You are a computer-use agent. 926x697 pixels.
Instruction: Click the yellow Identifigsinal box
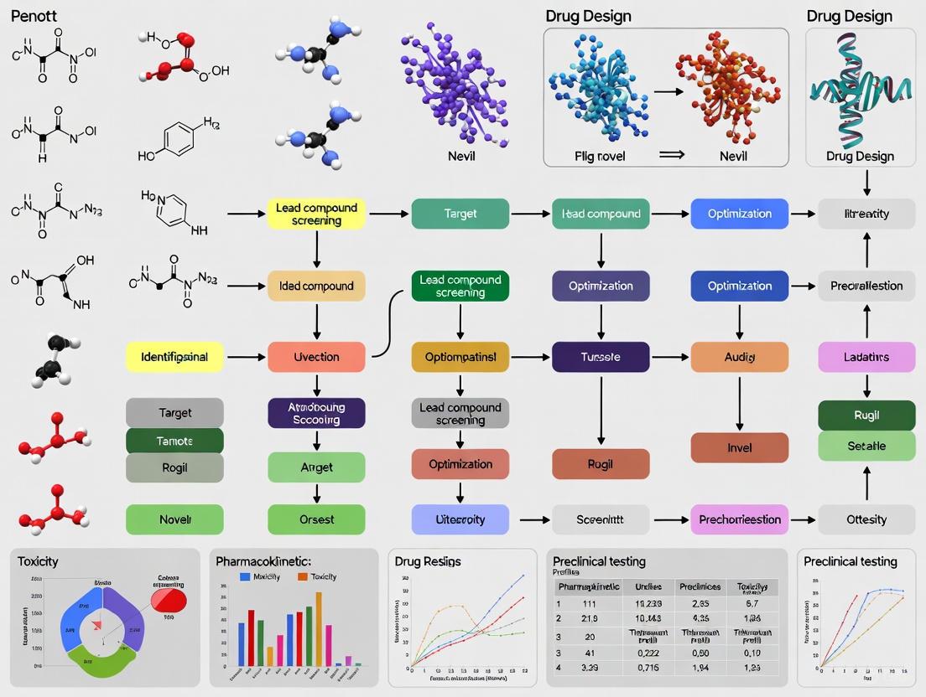[x=174, y=357]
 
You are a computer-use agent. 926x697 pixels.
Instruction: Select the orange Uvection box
[x=316, y=357]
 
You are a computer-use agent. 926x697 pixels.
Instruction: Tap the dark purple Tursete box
[x=601, y=357]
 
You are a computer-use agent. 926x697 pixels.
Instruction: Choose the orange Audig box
[x=739, y=357]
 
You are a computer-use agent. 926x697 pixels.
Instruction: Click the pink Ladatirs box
[x=866, y=357]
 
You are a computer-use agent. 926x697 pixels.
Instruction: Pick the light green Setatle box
[x=866, y=446]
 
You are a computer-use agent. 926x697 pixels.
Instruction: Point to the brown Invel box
[x=739, y=447]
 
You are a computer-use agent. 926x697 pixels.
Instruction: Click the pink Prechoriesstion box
[x=739, y=519]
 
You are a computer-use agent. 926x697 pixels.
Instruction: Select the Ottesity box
[x=866, y=519]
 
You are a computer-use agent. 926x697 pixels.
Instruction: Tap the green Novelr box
[x=174, y=519]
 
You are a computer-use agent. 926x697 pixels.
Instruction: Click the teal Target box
[x=460, y=214]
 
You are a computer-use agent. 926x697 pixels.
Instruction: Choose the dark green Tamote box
[x=174, y=441]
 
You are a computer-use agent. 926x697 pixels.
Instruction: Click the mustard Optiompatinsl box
[x=460, y=357]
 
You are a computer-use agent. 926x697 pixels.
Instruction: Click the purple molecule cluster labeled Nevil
[x=454, y=84]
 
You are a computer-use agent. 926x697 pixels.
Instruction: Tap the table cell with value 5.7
[x=752, y=602]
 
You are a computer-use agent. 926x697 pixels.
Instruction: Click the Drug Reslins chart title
[x=428, y=561]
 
